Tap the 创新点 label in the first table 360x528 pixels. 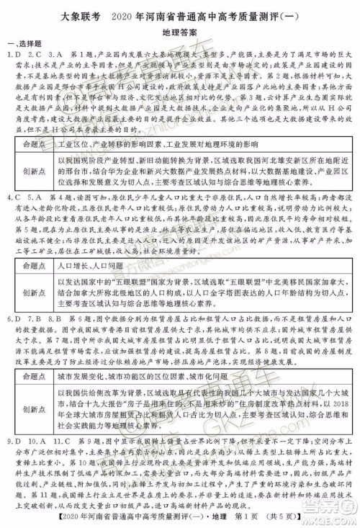tap(34, 171)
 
